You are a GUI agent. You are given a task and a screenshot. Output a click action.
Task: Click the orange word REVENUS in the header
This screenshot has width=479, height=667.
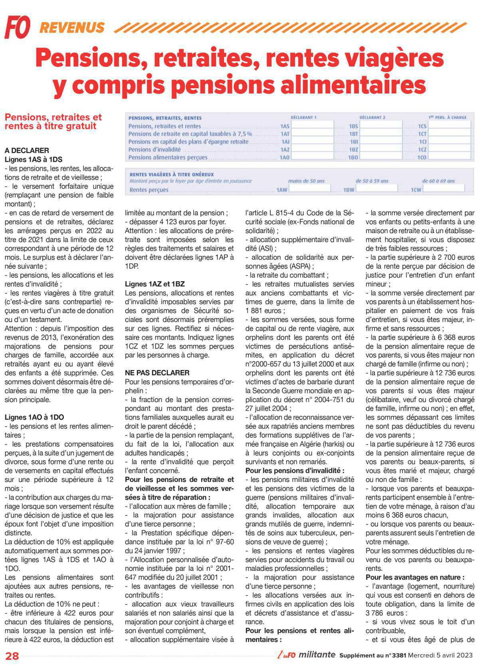tap(72, 28)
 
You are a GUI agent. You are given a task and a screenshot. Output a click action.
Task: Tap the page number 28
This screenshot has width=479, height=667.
tap(12, 655)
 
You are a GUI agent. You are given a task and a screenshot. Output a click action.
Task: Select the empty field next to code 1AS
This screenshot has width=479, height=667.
tap(313, 125)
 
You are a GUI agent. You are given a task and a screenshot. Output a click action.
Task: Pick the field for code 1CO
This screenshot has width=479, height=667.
tap(450, 157)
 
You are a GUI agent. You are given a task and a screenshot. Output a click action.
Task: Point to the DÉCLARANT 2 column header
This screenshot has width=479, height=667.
tap(372, 117)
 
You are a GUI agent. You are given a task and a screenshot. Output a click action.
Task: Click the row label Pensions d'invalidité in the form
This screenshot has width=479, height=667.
tap(154, 149)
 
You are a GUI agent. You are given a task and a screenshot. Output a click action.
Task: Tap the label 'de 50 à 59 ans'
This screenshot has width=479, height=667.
tap(372, 181)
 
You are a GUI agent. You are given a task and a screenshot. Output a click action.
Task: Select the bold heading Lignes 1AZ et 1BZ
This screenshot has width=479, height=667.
tap(155, 284)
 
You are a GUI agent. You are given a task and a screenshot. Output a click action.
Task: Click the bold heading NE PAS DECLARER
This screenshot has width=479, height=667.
tap(157, 373)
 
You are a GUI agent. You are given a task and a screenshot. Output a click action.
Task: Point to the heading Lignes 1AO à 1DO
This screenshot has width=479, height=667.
tap(34, 417)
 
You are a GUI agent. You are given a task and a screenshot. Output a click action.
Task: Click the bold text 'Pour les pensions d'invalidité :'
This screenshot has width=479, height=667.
tap(295, 471)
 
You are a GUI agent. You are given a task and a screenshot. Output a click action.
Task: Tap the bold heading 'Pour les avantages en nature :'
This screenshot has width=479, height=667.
tap(415, 577)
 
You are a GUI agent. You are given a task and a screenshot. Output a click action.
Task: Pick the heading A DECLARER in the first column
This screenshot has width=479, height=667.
tap(27, 150)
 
